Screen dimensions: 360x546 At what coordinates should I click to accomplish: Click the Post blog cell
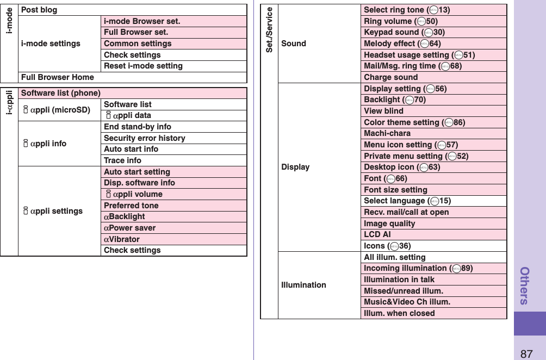(x=39, y=10)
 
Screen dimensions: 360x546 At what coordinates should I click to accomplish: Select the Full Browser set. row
(x=136, y=32)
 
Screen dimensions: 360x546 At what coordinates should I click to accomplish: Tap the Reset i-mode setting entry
(x=143, y=66)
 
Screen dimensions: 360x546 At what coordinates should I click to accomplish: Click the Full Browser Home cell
(x=57, y=77)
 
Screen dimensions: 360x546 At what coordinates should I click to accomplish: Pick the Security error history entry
(x=144, y=138)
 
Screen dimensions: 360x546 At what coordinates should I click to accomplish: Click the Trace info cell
(x=122, y=160)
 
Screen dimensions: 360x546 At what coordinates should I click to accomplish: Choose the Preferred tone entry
(x=131, y=206)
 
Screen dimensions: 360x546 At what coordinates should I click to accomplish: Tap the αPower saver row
(x=129, y=228)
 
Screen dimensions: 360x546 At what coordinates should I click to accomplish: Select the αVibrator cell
(x=122, y=239)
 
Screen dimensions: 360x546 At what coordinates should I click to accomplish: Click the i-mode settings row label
(x=51, y=44)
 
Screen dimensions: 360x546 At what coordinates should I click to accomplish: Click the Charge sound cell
(x=390, y=77)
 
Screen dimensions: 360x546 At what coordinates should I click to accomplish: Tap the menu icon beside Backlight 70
(x=408, y=100)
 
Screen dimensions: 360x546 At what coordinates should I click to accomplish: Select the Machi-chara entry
(x=387, y=133)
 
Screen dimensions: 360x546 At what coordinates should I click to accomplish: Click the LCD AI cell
(x=377, y=234)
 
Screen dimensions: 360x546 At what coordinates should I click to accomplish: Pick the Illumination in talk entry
(x=399, y=280)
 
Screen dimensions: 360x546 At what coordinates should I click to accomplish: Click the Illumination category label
(x=303, y=285)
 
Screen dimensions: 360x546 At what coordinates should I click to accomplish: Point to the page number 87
(x=526, y=353)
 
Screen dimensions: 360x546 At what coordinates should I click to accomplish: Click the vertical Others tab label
(x=525, y=285)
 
